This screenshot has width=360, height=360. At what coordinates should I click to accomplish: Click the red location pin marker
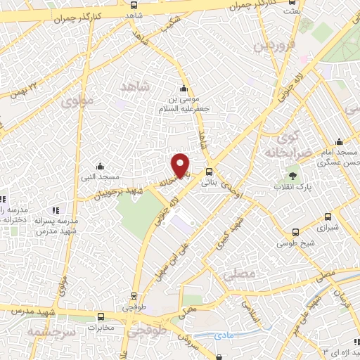click(181, 165)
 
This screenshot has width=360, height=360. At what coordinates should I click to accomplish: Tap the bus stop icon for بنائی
click(209, 172)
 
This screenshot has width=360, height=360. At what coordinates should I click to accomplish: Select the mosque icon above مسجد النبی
click(101, 166)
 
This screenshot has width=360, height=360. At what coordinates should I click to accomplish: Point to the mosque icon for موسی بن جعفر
click(184, 89)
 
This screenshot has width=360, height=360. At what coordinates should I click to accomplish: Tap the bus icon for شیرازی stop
click(327, 218)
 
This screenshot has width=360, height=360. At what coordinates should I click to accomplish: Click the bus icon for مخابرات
click(101, 317)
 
